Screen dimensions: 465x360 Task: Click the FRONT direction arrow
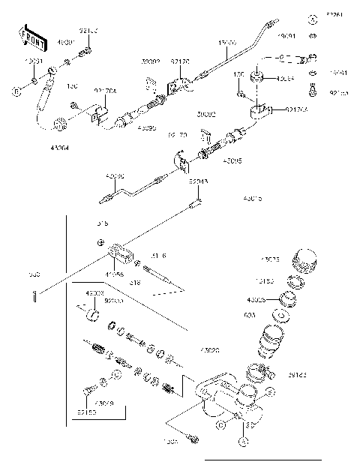(28, 37)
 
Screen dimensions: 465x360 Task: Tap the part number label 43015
(253, 199)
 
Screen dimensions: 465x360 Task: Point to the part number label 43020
(211, 349)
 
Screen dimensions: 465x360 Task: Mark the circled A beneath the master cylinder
(243, 442)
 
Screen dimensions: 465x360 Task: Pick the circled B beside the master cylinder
(220, 424)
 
